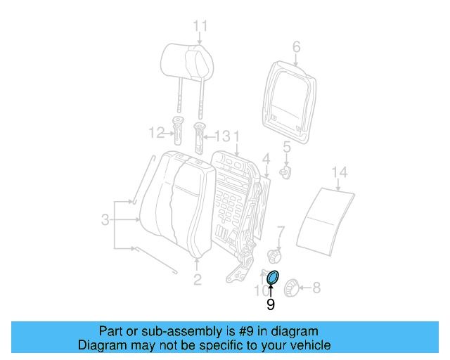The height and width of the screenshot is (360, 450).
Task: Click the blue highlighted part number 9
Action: [x=273, y=278]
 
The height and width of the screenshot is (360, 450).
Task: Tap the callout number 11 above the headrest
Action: [x=200, y=27]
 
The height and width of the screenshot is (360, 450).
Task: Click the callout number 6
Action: [x=296, y=47]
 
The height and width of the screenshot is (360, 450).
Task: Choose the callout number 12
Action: [x=155, y=131]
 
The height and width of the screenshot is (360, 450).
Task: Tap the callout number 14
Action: [x=340, y=172]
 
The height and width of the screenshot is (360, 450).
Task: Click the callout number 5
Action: [x=287, y=147]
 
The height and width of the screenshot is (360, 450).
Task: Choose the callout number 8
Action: [x=316, y=287]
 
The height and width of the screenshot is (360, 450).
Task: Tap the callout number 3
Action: [x=104, y=220]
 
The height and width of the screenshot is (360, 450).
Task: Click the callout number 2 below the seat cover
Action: [x=198, y=280]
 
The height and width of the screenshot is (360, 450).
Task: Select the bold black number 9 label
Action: [x=270, y=305]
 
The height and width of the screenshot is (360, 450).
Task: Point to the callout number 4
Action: [x=266, y=157]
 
